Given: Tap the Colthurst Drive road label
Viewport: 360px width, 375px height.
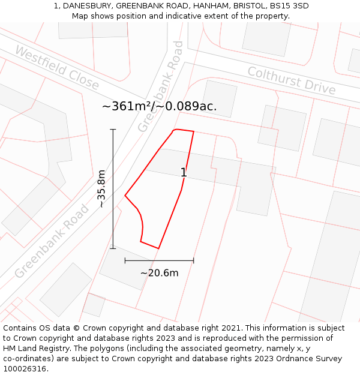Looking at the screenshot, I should tap(292, 80).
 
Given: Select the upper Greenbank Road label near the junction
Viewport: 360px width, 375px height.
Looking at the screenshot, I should tap(160, 86).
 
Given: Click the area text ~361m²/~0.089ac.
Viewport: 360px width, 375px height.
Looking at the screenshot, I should tap(159, 107).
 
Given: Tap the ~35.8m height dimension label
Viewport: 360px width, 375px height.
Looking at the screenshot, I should tap(101, 188).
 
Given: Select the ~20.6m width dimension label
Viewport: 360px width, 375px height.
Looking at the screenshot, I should tap(159, 273).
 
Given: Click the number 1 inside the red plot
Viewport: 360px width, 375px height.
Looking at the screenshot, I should tap(184, 173).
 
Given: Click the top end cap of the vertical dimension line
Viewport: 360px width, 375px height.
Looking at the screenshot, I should tap(113, 129).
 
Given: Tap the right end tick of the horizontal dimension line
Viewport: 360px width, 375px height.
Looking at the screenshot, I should tap(193, 260).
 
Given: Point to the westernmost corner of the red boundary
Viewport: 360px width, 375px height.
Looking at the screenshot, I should tap(125, 195).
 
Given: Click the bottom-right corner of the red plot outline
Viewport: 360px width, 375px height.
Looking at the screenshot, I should tap(158, 248).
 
